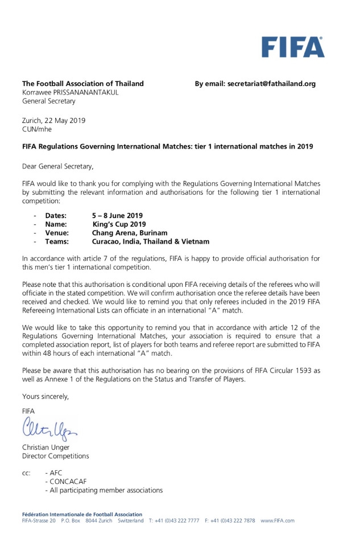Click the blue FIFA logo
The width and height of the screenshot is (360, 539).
[x=293, y=47]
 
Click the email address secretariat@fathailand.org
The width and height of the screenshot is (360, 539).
[x=271, y=84]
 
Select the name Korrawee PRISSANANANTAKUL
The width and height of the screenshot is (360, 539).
[x=70, y=93]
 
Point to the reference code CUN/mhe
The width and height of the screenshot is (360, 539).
[x=38, y=129]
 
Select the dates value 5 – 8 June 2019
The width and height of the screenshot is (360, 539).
[x=118, y=216]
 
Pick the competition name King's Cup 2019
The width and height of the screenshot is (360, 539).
[x=119, y=224]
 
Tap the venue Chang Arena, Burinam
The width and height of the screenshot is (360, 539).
[x=130, y=233]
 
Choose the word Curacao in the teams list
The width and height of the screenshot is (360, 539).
[x=107, y=241]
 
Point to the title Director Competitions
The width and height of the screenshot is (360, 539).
[x=55, y=456]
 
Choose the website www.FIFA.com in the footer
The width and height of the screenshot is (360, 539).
[x=278, y=521]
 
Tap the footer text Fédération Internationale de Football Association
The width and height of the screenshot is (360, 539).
[x=82, y=514]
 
